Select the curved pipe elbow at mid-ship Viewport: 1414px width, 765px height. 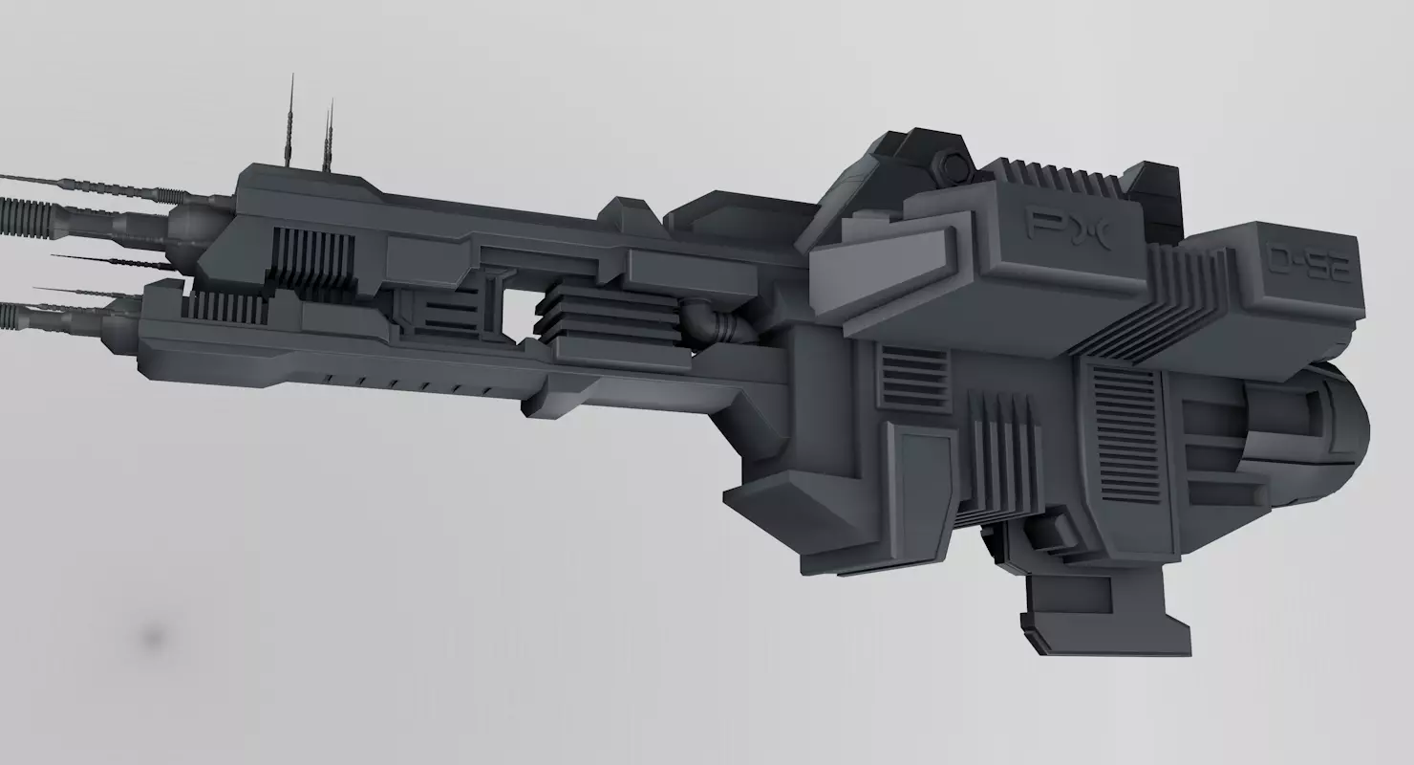coord(711,323)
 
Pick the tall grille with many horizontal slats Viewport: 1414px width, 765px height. coord(1125,422)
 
